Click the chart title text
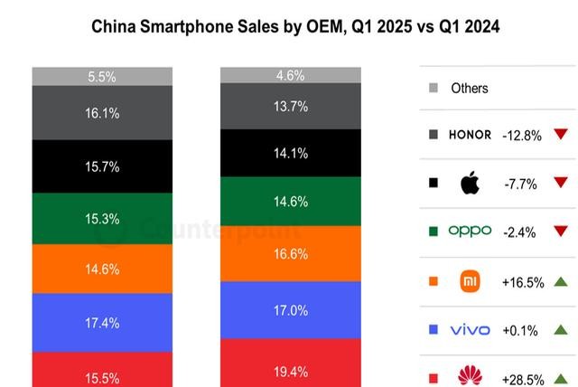(x=295, y=27)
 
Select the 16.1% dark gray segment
(x=101, y=113)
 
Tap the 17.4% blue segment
(x=101, y=323)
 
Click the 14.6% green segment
(x=291, y=201)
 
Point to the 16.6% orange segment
(x=291, y=254)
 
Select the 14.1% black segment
(x=291, y=153)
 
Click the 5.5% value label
(x=101, y=78)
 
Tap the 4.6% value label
(x=291, y=76)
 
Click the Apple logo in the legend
(x=470, y=184)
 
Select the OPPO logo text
(x=470, y=231)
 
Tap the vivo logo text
(x=470, y=330)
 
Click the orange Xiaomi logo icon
(x=470, y=280)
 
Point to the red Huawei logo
(x=470, y=374)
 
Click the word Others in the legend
(x=470, y=89)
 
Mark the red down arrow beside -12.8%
(x=561, y=135)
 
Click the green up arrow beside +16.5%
(x=561, y=282)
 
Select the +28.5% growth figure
(x=523, y=377)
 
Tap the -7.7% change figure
(x=521, y=184)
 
